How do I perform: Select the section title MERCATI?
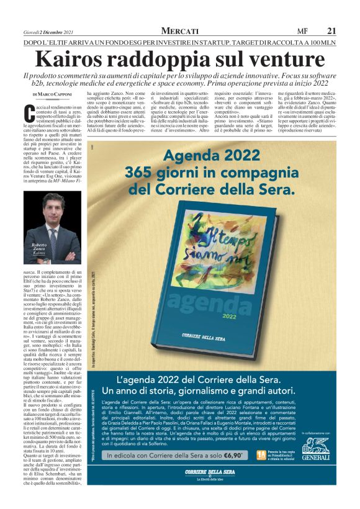(179, 30)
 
